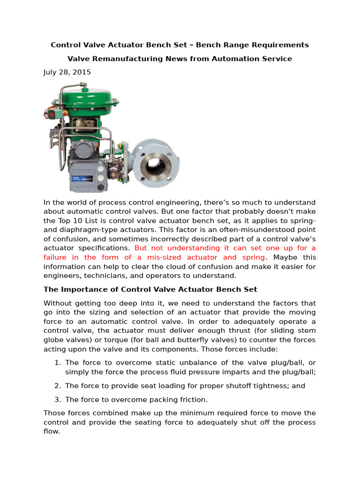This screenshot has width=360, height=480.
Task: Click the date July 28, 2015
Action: (x=67, y=72)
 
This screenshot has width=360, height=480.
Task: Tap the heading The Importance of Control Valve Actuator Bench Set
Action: (x=150, y=289)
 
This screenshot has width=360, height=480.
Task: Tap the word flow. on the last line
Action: (x=52, y=431)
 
